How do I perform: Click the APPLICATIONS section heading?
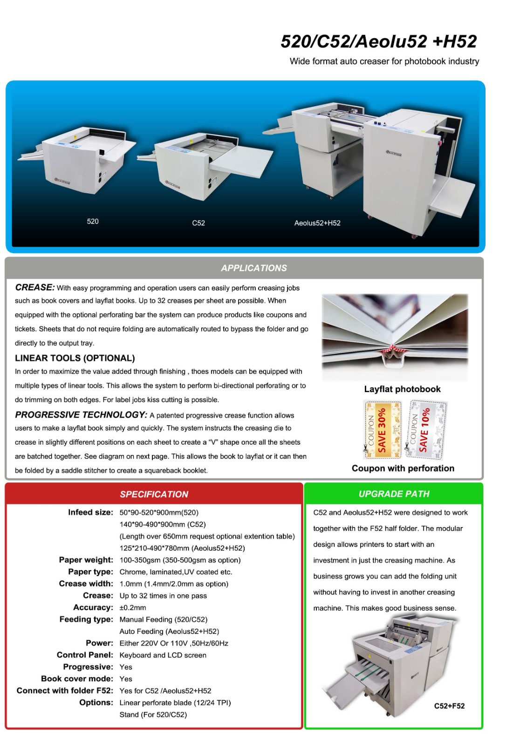pos(253,268)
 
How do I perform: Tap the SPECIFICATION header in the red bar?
pos(154,494)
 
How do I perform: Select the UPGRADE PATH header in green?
pos(394,494)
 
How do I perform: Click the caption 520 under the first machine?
pos(93,222)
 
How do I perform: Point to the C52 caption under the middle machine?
pos(198,223)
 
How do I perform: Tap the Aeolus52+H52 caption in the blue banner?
pos(317,223)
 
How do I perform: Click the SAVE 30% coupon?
pos(382,430)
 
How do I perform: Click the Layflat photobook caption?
pos(402,389)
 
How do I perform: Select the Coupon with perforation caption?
pos(403,468)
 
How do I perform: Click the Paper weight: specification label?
pos(86,560)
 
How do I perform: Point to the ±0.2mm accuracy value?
pos(132,608)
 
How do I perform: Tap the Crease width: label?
pos(86,584)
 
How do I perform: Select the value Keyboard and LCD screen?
pos(163,655)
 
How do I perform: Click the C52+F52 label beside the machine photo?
pos(449,706)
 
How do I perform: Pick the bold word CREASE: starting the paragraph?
pos(34,287)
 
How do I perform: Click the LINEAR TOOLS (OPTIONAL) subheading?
pos(75,358)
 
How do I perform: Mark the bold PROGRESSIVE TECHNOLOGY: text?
pos(81,415)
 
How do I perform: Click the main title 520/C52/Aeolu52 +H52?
pos(378,41)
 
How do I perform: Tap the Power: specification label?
pos(99,643)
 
